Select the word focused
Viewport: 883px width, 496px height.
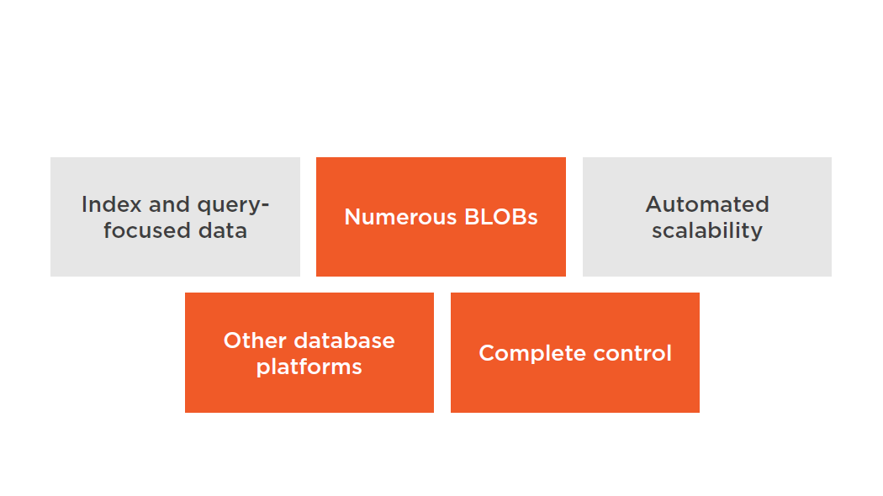click(144, 231)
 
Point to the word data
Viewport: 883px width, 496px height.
click(223, 231)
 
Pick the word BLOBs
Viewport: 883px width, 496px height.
click(501, 218)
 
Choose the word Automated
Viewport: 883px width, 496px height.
click(707, 204)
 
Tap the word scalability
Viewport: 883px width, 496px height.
click(707, 231)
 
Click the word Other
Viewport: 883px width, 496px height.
click(255, 340)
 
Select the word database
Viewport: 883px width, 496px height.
click(345, 340)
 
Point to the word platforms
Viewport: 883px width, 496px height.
click(309, 367)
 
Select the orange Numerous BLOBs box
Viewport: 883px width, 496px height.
click(441, 217)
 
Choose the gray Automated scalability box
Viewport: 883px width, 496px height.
click(707, 217)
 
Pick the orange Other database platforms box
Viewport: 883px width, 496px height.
click(309, 352)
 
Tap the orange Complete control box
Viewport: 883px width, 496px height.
click(575, 352)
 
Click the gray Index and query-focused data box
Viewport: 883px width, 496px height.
click(175, 217)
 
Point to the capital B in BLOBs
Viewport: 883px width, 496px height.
click(472, 218)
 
